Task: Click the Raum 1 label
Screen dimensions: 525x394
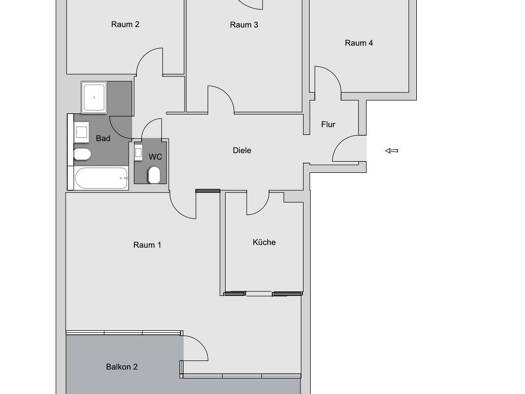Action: pos(147,245)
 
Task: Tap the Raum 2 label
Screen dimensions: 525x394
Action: pos(125,24)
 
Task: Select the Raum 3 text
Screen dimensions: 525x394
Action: pos(244,25)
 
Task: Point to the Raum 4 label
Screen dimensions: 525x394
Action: pos(359,43)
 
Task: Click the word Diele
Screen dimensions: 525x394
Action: pos(242,150)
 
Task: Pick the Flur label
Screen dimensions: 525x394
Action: pos(328,125)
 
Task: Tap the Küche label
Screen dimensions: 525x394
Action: pos(264,242)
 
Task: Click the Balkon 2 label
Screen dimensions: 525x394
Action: pos(122,367)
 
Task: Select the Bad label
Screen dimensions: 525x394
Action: pos(103,138)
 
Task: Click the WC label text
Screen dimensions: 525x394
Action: pos(155,157)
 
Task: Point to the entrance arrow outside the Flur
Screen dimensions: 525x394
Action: pos(392,151)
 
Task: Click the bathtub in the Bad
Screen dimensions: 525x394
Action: pos(101,178)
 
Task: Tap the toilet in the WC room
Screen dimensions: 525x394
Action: pos(154,175)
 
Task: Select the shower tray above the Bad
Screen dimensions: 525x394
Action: pos(94,97)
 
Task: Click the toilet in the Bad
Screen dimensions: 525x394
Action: pos(82,154)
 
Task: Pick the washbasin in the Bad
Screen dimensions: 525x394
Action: pos(81,133)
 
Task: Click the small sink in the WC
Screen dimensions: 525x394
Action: pos(138,153)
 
